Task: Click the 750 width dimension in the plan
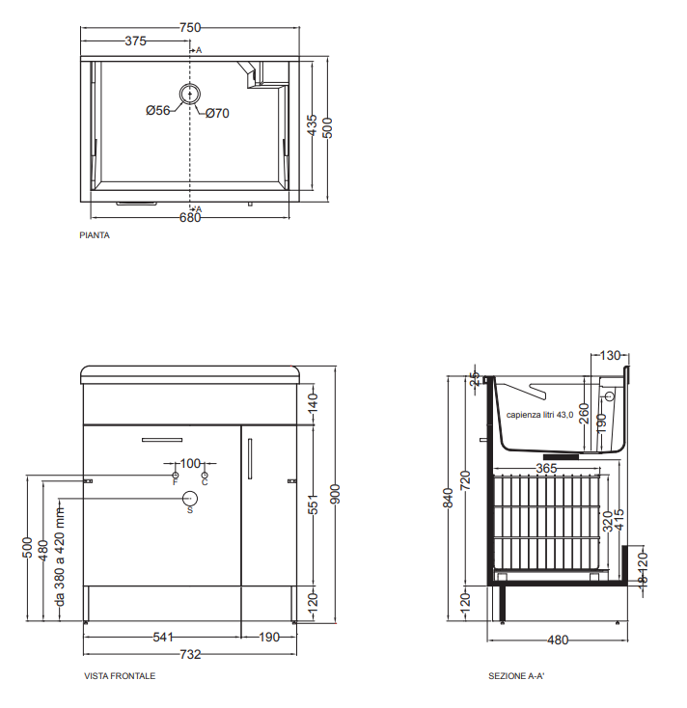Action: click(x=190, y=28)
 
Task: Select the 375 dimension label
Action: click(x=135, y=41)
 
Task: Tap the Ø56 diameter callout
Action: click(x=158, y=110)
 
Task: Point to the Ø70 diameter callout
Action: click(x=217, y=113)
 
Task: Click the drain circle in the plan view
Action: click(x=190, y=94)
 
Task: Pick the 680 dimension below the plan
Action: click(x=190, y=218)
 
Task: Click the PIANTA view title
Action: click(x=95, y=235)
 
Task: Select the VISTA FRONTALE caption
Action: click(x=120, y=676)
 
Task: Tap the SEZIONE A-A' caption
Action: click(x=517, y=676)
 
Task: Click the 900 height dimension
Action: click(x=335, y=494)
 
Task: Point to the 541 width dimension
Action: click(x=163, y=638)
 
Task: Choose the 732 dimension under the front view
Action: click(x=190, y=654)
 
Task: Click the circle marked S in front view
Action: click(x=190, y=499)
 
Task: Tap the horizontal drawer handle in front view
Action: click(x=162, y=440)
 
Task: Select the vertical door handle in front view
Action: click(x=250, y=459)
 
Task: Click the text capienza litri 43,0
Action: click(x=539, y=415)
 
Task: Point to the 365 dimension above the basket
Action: click(x=546, y=468)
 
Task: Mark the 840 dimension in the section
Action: click(x=448, y=498)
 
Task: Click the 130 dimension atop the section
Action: click(x=610, y=356)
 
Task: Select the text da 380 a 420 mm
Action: click(x=60, y=557)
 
